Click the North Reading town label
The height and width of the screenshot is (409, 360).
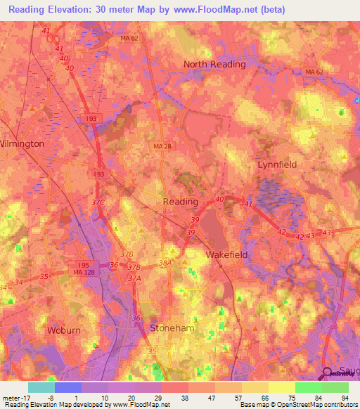pyautogui.click(x=214, y=64)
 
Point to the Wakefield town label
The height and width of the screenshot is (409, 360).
pyautogui.click(x=226, y=254)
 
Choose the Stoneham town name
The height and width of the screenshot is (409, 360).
pyautogui.click(x=172, y=327)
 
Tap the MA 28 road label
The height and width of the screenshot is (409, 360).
pyautogui.click(x=162, y=145)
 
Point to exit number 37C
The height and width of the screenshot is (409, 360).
pyautogui.click(x=97, y=203)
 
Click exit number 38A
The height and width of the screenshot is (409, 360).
pyautogui.click(x=165, y=263)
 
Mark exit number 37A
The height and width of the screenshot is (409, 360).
pyautogui.click(x=134, y=278)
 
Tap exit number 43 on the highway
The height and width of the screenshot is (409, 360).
pyautogui.click(x=325, y=233)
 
